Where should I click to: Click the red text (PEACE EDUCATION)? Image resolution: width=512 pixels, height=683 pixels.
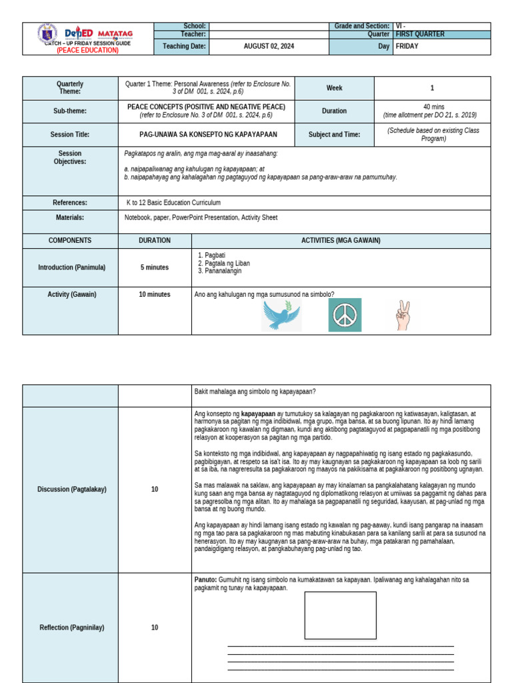click(x=87, y=50)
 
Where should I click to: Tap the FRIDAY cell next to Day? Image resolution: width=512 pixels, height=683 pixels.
click(x=407, y=47)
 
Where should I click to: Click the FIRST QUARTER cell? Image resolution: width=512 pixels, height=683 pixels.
click(x=420, y=34)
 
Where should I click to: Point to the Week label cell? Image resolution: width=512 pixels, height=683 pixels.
click(x=334, y=88)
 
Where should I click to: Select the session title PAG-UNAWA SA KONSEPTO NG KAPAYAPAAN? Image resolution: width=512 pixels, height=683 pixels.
click(x=206, y=135)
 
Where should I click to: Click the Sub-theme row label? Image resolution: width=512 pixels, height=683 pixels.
click(x=70, y=111)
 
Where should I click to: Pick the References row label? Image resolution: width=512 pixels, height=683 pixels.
click(x=70, y=203)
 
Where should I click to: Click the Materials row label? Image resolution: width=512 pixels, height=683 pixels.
click(x=70, y=217)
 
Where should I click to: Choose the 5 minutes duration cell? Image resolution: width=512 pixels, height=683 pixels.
click(x=155, y=267)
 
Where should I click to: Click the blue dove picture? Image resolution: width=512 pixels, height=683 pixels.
click(x=281, y=315)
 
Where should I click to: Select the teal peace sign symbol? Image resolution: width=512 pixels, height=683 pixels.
click(x=345, y=315)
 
